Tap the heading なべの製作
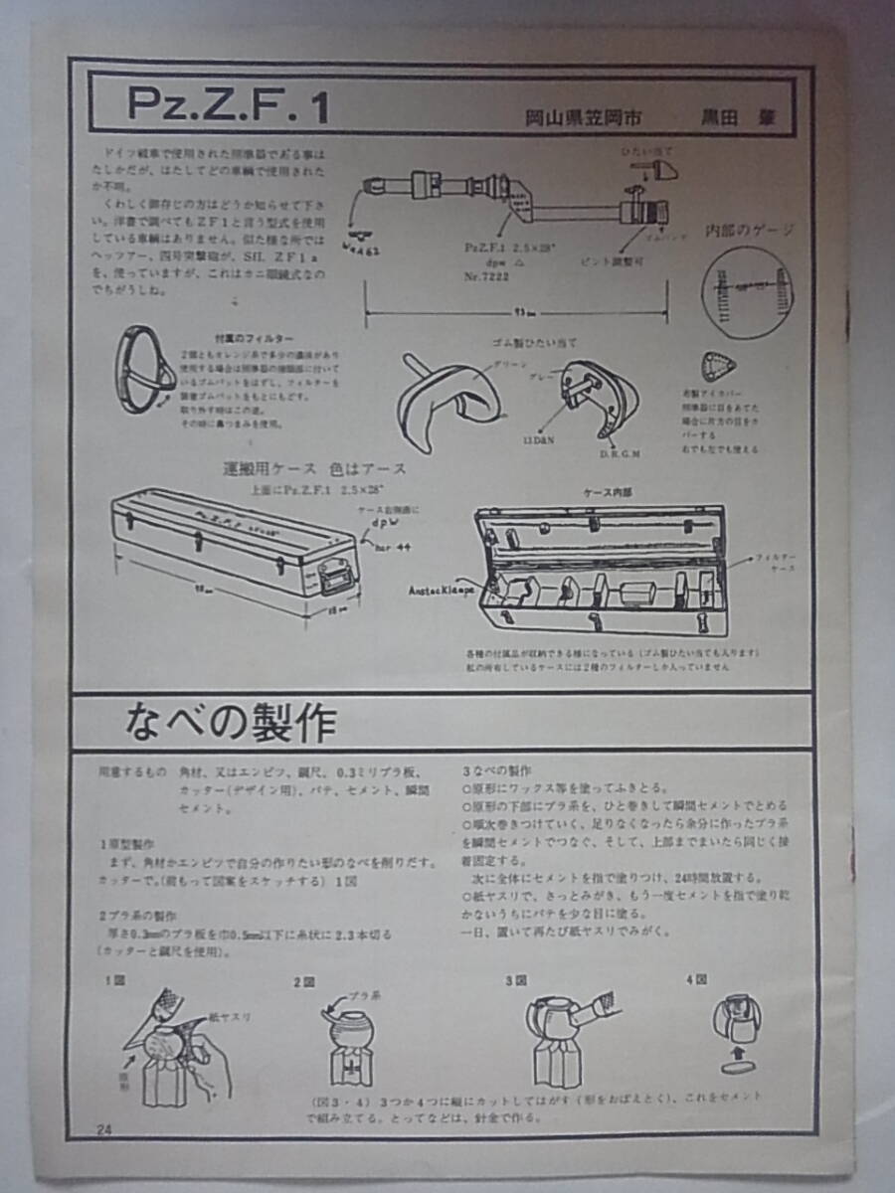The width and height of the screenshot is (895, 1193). coord(231,723)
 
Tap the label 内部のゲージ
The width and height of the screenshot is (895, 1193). coord(749,230)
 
